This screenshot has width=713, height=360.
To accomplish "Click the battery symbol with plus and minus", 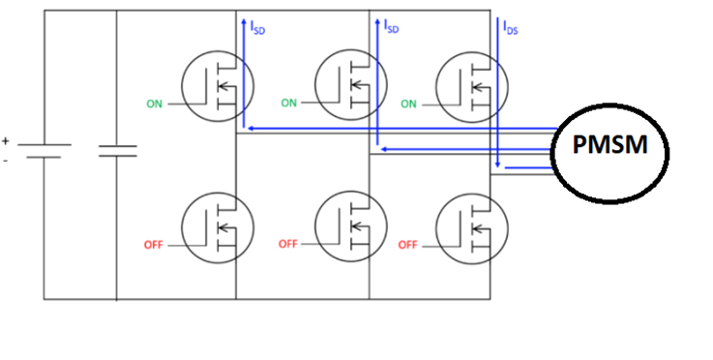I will pos(44,150).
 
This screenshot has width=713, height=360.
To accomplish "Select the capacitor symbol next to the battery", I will pos(117,150).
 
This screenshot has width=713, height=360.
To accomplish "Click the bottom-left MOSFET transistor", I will pos(220,228).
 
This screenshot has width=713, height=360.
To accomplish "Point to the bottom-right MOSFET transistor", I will pos(472,228).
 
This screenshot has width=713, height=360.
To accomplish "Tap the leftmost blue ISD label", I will pos(257,30).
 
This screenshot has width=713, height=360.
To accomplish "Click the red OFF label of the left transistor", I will pos(154,245).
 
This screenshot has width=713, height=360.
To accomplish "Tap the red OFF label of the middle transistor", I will pos(287,244).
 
